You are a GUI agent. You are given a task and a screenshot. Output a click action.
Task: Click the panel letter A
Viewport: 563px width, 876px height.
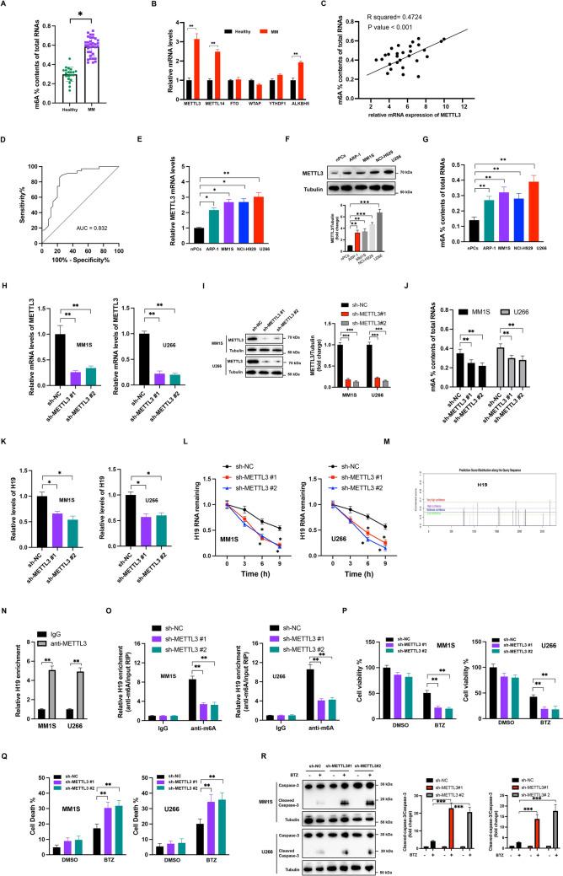tap(8, 5)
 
